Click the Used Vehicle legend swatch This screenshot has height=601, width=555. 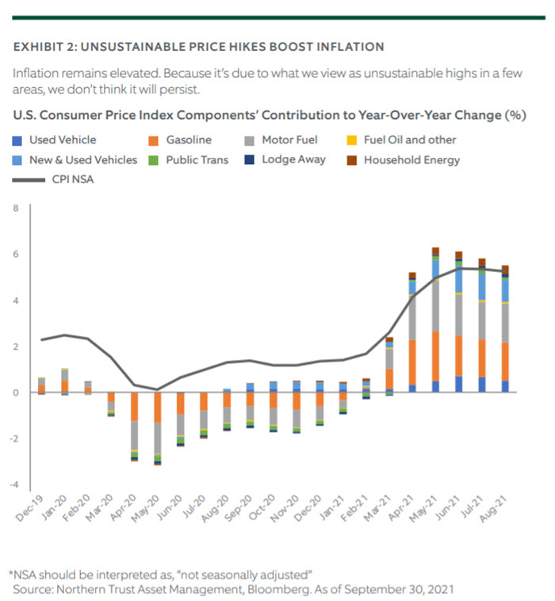coord(17,140)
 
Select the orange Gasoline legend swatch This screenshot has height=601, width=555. coord(153,140)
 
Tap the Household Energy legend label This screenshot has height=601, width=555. coord(411,160)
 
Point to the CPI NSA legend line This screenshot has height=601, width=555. coord(29,180)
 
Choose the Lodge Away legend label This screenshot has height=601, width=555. coord(293,159)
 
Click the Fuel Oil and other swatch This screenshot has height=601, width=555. coord(352,140)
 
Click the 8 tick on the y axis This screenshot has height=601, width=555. coord(16,208)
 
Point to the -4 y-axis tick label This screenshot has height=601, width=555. coord(13,484)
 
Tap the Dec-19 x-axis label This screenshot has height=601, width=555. coord(30,508)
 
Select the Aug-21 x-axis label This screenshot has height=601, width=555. coord(494,508)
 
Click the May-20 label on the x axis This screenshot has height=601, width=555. coord(146,508)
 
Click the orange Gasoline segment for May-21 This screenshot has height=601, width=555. coord(435,357)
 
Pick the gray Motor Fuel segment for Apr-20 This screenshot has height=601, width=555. coord(135,435)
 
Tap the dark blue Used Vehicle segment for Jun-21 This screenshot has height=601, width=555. coord(459,384)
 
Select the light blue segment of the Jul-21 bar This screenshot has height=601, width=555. coord(482,287)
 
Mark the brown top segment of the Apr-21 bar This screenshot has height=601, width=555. coord(412,276)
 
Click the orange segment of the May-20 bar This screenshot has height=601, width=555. coord(158,408)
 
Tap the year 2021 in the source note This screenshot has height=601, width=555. coord(441,589)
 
